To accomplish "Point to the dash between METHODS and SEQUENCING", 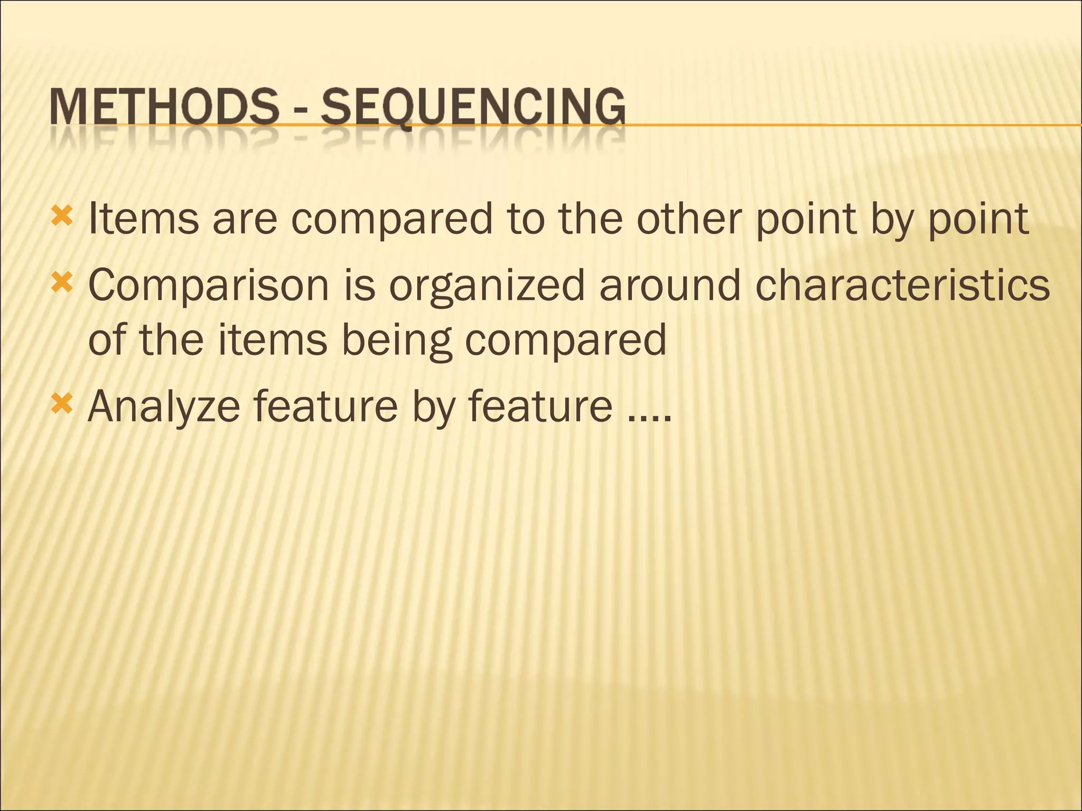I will (300, 111).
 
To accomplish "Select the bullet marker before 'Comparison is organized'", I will (62, 284).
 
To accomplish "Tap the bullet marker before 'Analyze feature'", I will (62, 405).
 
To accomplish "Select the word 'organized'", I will (486, 286).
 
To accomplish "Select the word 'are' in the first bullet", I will (245, 219).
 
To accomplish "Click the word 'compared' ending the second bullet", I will (565, 341).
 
